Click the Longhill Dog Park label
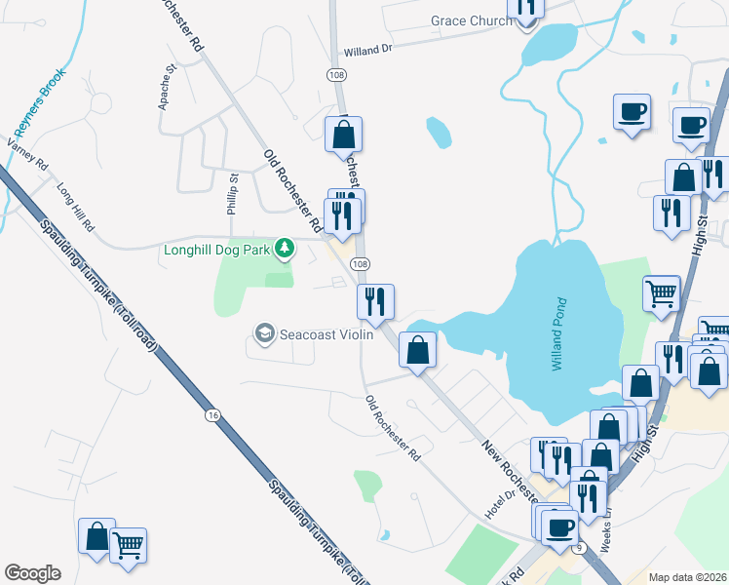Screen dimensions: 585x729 (x=217, y=249)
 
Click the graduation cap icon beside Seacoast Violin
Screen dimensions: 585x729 (x=263, y=334)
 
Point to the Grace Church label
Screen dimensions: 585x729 (x=471, y=21)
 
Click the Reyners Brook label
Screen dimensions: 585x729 (x=38, y=102)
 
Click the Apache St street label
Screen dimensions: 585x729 (x=167, y=87)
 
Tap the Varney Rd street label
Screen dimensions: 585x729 (x=27, y=155)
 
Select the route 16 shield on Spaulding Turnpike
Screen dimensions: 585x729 (x=211, y=415)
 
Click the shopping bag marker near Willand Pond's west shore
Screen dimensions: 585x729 (x=417, y=350)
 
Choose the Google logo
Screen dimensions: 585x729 (x=32, y=573)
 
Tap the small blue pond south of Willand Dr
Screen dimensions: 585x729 (x=439, y=132)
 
